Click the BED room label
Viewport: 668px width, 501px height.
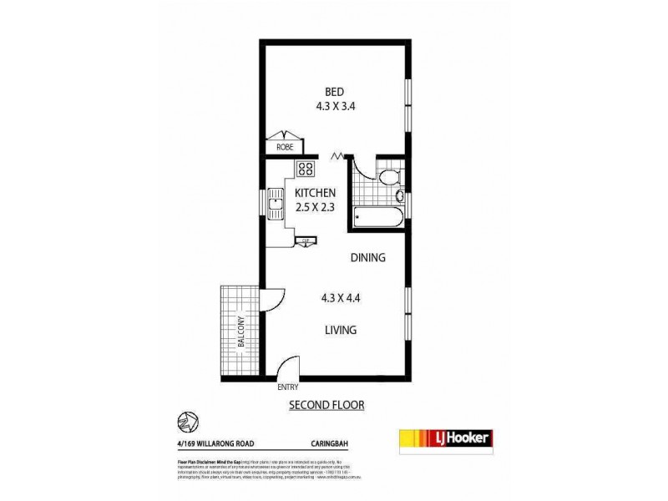(337, 92)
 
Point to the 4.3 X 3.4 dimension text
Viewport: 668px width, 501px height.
(337, 106)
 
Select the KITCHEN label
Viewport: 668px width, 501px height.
(315, 194)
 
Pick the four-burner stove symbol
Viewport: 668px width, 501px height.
(305, 169)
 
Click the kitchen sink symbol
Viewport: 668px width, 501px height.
(276, 203)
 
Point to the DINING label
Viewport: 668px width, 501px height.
(367, 258)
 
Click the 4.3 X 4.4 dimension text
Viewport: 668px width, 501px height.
(341, 298)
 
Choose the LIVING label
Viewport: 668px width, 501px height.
(341, 330)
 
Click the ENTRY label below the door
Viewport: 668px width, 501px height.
(287, 387)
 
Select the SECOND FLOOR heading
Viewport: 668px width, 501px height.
(326, 406)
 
